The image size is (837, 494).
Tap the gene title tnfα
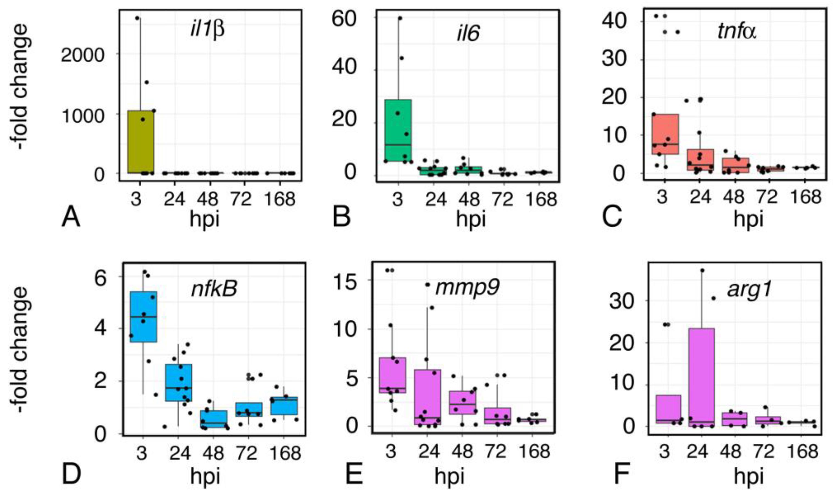[x=736, y=32]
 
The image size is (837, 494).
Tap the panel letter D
[x=71, y=474]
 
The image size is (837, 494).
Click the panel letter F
[x=621, y=474]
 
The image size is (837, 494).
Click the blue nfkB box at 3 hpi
[x=143, y=317]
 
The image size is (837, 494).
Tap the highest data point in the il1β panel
[x=137, y=18]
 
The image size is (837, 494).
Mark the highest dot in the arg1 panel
[x=703, y=270]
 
